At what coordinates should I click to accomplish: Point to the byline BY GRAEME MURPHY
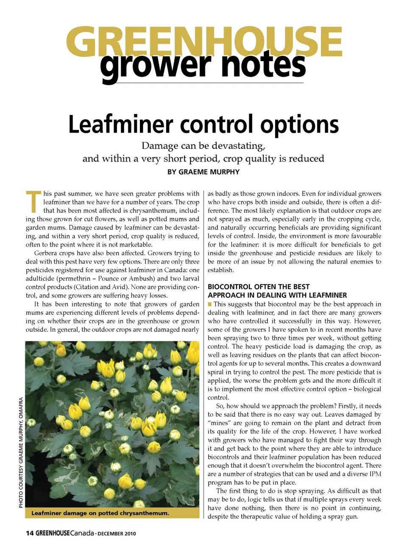pyautogui.click(x=203, y=172)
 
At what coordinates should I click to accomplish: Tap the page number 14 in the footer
pyautogui.click(x=30, y=533)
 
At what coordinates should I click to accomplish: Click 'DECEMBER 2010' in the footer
pyautogui.click(x=117, y=534)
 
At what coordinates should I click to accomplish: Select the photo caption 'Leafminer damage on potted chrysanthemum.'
pyautogui.click(x=100, y=513)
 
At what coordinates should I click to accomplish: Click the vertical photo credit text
pyautogui.click(x=21, y=452)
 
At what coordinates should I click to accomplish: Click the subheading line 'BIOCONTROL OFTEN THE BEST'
pyautogui.click(x=259, y=287)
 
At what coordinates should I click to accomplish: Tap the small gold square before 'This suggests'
pyautogui.click(x=210, y=304)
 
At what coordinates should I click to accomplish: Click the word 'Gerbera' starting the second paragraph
pyautogui.click(x=46, y=253)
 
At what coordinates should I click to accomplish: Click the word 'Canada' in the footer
pyautogui.click(x=82, y=533)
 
